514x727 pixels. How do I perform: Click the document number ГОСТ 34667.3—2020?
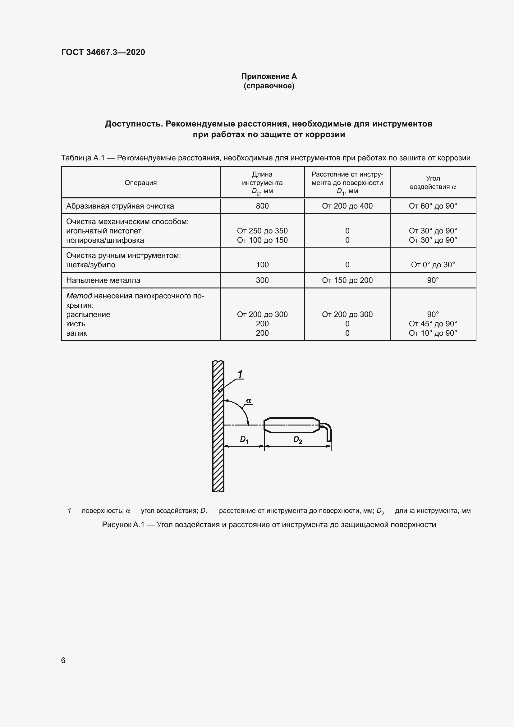coord(103,52)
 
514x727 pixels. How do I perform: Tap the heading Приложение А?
coord(269,76)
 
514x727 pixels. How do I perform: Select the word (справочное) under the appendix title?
coord(269,86)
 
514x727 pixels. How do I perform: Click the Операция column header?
coord(140,183)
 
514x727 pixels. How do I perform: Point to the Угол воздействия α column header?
coord(433,183)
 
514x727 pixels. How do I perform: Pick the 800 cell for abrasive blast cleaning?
coord(262,206)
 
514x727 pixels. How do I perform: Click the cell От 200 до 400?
coord(347,206)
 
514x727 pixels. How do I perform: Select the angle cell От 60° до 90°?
coord(433,206)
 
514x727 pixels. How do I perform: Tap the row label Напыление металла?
coord(103,280)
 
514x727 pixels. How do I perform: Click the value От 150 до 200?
coord(347,280)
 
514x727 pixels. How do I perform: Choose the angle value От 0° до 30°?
coord(433,265)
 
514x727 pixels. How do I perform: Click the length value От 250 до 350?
coord(262,231)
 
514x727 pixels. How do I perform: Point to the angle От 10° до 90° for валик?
coord(433,333)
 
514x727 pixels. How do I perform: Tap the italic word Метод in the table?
coord(79,296)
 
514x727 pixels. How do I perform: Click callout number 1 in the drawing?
coord(240,374)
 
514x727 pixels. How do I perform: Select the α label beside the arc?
coord(249,401)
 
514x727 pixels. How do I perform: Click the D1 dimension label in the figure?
coord(244,439)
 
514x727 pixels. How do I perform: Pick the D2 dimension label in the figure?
coord(297,439)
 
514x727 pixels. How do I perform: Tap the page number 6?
coord(63,660)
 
